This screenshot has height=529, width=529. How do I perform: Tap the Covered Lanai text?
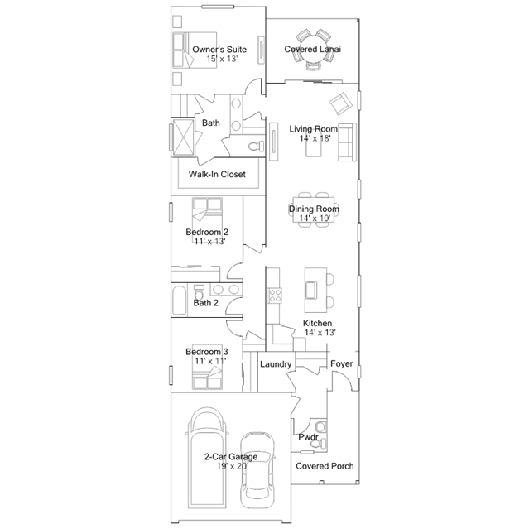tap(314, 50)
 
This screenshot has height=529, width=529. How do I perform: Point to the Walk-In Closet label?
tap(218, 175)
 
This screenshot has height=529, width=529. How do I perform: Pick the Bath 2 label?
tap(206, 303)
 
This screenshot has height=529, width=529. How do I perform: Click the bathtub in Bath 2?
tap(180, 300)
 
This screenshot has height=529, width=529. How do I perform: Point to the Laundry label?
tap(275, 364)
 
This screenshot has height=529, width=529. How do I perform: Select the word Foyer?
tap(342, 364)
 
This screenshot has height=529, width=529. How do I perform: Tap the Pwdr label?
tap(308, 436)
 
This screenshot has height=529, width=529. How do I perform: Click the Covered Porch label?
tap(325, 466)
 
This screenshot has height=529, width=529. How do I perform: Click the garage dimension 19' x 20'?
tap(231, 467)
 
